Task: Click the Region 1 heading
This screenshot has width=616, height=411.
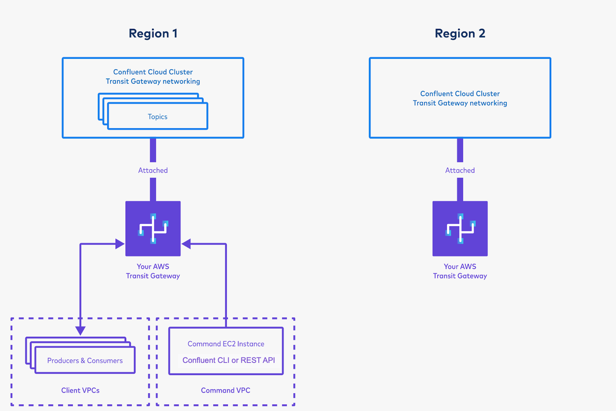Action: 153,33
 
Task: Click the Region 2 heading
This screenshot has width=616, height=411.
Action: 460,33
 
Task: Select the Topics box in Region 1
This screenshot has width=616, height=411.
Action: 157,117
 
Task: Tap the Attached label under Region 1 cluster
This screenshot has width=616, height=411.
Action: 153,170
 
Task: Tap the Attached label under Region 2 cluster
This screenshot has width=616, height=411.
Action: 460,170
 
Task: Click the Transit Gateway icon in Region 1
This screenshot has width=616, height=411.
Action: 153,229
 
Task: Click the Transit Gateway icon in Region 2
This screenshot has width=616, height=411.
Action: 460,229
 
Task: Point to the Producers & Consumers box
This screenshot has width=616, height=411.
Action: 85,361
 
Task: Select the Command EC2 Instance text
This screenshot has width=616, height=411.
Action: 226,344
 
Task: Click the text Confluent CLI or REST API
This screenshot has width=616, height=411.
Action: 228,360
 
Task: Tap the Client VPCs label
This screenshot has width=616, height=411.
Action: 80,390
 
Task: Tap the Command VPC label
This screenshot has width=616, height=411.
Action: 226,390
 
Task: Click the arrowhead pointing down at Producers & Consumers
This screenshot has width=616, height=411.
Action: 80,331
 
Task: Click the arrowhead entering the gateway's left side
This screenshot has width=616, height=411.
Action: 120,244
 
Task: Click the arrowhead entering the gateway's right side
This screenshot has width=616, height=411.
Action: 186,244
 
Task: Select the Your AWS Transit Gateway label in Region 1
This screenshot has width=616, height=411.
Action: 153,271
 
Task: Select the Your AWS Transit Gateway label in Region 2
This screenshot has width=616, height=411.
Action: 460,271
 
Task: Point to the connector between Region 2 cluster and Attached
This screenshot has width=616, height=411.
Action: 460,150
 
